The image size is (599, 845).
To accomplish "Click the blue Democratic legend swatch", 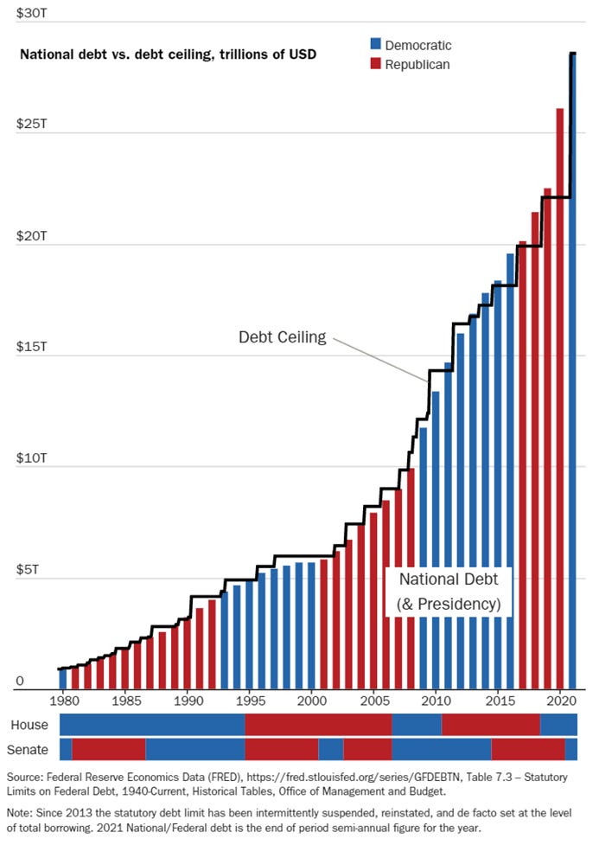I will coord(374,45).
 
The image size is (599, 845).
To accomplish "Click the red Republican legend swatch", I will coord(374,65).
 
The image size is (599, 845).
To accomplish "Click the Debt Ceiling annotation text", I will coord(283,337).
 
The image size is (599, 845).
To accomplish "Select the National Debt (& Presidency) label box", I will coord(449,591).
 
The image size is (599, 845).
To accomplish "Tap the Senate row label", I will coord(28,749).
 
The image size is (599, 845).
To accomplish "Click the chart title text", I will coord(168,54).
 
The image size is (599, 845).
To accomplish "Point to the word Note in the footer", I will coord(21,814).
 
